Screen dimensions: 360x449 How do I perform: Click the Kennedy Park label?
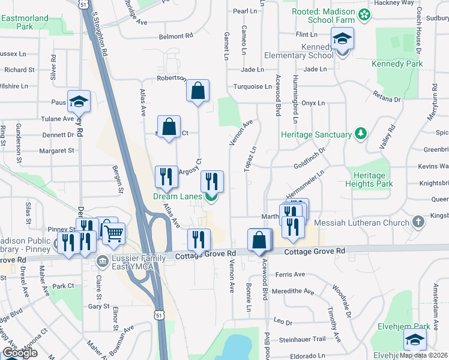pos(397,64)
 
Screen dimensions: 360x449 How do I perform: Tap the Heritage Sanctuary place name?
pos(316,135)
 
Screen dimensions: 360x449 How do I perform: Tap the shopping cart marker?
pos(113,232)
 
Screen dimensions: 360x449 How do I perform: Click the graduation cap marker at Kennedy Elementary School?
pos(342,40)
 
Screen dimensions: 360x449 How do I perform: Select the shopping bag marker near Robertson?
pos(198,92)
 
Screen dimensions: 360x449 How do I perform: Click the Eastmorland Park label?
pos(25,22)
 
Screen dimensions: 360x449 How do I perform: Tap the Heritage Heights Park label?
pos(369,179)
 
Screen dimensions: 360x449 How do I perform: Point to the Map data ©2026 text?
pos(424,355)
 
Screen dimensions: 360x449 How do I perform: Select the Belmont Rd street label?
pos(176,37)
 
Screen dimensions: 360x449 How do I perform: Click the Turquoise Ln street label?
pos(253,86)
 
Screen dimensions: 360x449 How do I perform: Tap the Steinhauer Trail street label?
pos(302,339)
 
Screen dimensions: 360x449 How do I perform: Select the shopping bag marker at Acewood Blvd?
pos(259,240)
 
